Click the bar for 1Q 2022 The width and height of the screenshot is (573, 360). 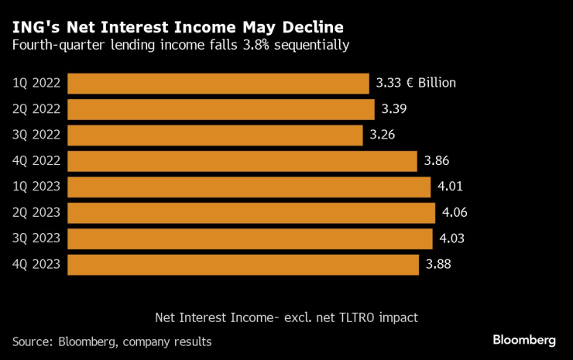218,84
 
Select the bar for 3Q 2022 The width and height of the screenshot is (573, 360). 215,135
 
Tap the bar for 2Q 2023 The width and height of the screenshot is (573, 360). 252,213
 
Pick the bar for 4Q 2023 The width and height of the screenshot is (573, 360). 244,265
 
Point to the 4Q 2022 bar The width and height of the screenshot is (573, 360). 243,161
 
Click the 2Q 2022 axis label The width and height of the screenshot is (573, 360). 37,109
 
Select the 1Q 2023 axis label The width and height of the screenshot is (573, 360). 37,187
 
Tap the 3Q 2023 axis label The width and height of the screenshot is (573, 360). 37,238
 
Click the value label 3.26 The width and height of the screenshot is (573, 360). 383,135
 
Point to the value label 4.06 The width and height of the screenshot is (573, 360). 455,213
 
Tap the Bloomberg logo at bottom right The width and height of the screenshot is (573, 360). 523,341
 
